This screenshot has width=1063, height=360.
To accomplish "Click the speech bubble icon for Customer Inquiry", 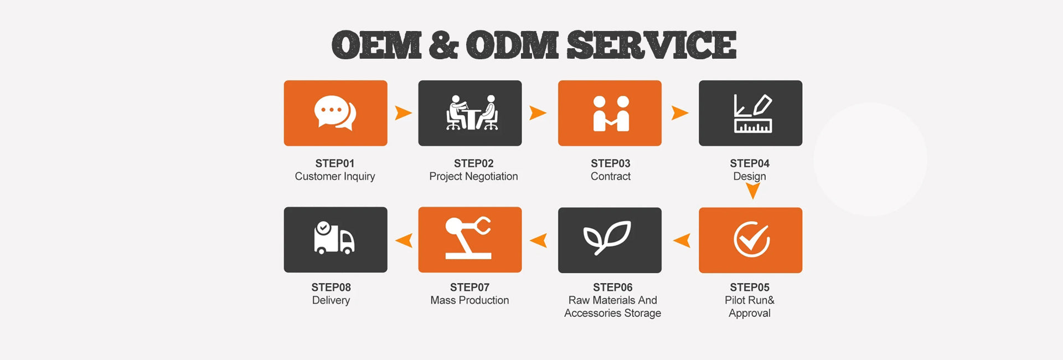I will (x=335, y=113).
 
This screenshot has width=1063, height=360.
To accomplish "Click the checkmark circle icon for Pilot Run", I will (x=751, y=240).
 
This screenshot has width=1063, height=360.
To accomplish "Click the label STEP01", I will (x=335, y=163).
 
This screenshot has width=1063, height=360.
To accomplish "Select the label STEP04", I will (x=750, y=163).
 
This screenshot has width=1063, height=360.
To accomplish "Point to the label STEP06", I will (x=612, y=287).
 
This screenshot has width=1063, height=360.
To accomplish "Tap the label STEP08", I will (x=331, y=287).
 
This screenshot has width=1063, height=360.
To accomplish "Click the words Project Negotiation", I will (x=473, y=177).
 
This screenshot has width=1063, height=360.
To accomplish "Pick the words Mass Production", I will (x=469, y=300).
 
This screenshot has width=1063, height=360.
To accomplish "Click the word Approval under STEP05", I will (x=750, y=313).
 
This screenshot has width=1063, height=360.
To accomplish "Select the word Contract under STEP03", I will (x=610, y=177).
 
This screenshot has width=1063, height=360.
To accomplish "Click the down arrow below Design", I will (x=753, y=191).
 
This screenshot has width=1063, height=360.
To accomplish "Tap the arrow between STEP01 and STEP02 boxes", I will (x=403, y=113).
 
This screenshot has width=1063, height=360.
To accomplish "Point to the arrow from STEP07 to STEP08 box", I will (x=404, y=240).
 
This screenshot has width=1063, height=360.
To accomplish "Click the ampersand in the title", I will (x=443, y=45).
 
